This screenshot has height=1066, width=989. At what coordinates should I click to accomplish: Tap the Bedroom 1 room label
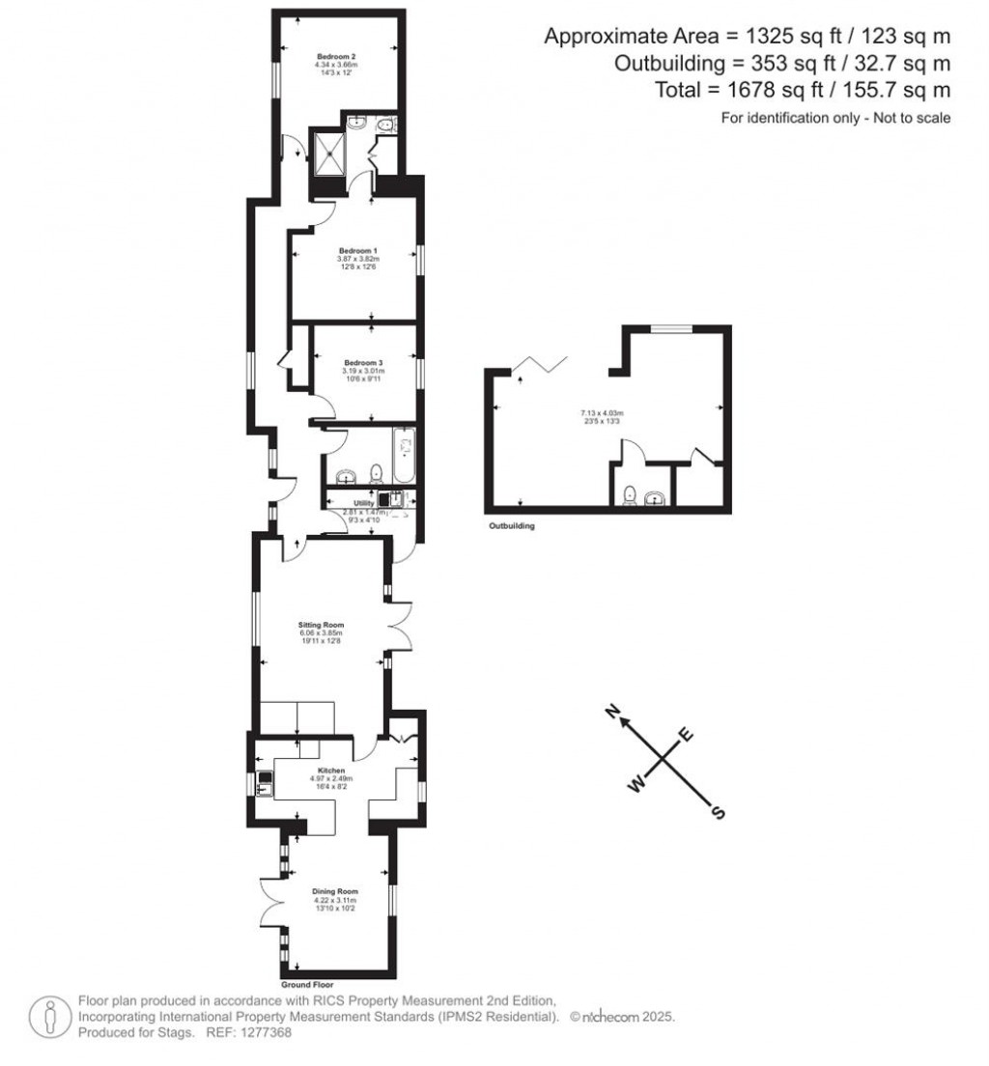pos(358,250)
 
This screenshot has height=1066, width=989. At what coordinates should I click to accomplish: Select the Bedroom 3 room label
pos(362,362)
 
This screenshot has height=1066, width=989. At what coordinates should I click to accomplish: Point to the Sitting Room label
pos(320,626)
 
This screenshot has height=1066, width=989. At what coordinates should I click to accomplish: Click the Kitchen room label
pos(331,771)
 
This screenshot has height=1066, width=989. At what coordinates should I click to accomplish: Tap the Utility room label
pos(363,504)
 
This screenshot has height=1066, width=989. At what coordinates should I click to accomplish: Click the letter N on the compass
pos(611,714)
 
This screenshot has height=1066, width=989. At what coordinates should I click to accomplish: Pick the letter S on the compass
pos(717,812)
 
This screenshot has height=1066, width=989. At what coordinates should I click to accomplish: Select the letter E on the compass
pos(687,735)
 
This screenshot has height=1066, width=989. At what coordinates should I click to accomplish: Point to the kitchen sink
pos(264,785)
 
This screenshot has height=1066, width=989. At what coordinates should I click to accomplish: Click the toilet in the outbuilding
pos(629,494)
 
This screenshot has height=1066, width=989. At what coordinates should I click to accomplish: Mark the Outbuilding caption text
pos(512,527)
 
